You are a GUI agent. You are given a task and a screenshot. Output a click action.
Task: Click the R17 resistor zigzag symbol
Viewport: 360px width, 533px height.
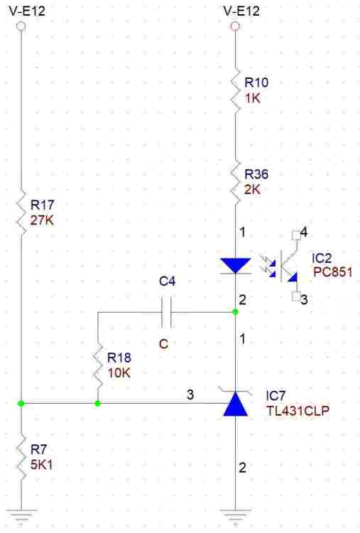point(21,212)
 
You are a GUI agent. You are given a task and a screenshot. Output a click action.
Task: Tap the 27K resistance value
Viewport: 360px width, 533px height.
point(42,220)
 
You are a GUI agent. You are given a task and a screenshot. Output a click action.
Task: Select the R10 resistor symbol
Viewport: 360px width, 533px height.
point(235,90)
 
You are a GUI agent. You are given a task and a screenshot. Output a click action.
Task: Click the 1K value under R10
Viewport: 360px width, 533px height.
point(253,98)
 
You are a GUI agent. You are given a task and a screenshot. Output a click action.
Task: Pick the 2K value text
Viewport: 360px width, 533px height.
point(253,189)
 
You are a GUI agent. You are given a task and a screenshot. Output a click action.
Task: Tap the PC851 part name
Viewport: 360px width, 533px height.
point(332,272)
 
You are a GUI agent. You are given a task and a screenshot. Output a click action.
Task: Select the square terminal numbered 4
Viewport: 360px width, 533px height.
point(296,235)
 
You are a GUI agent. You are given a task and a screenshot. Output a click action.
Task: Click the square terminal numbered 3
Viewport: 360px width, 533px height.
point(296,297)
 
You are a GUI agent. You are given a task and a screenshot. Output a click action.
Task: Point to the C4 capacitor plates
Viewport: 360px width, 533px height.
point(166,312)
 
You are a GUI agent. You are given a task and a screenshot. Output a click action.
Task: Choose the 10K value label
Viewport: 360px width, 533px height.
point(119,373)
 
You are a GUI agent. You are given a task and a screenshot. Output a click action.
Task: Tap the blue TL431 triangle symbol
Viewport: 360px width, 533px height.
point(235,404)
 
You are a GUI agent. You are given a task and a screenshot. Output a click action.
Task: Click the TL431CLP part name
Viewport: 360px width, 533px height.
point(298,411)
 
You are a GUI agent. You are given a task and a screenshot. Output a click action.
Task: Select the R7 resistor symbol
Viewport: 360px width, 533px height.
point(21,458)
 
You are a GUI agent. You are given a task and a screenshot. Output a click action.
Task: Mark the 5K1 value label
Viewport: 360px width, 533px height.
point(41,465)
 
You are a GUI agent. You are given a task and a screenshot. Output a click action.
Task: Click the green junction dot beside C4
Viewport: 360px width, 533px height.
point(235,312)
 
